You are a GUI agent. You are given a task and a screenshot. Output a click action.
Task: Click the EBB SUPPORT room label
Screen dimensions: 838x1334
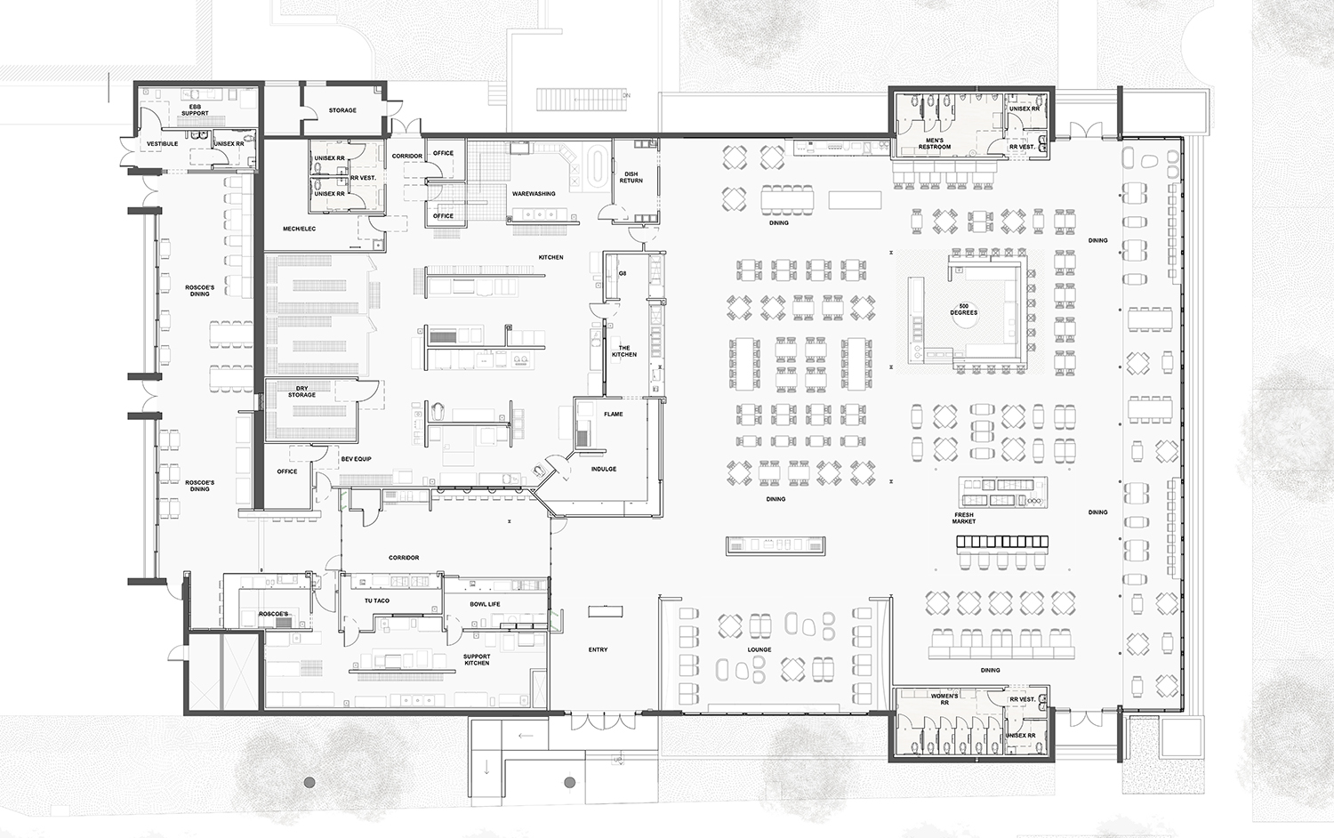tap(195, 110)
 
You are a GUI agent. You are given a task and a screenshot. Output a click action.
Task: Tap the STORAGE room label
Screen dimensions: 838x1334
tap(342, 110)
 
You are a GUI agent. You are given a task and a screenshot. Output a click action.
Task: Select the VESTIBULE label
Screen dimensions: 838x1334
tap(162, 143)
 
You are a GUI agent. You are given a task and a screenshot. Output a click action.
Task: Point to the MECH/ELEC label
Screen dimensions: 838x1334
tap(299, 229)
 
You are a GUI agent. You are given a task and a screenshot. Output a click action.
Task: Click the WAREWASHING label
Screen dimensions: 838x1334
tap(534, 193)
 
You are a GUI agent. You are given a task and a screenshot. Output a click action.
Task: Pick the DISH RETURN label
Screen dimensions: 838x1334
tap(631, 178)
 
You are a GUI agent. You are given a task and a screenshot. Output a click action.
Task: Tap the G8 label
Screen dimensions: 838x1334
tap(623, 273)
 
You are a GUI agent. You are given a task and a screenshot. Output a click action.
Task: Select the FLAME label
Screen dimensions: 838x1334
tap(614, 414)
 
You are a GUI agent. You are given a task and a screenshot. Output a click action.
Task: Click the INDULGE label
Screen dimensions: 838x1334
tap(604, 469)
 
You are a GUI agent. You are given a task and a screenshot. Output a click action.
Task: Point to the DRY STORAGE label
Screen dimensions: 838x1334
tap(301, 391)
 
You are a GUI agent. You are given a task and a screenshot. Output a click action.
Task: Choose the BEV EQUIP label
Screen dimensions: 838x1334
tap(356, 459)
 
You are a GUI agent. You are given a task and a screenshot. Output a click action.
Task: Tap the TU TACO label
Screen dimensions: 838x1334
tap(377, 600)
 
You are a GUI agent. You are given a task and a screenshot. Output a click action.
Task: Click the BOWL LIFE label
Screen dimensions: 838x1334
tap(485, 604)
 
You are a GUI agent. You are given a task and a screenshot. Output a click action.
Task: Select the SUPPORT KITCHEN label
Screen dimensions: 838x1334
tap(477, 660)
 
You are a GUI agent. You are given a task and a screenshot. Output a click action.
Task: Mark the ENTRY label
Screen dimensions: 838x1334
tap(598, 649)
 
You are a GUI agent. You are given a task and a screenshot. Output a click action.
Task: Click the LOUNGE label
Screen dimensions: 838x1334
tap(759, 649)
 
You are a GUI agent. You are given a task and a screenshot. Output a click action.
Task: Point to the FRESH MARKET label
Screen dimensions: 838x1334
tap(964, 518)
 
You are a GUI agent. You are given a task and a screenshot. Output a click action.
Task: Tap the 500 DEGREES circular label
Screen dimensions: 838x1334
tap(963, 310)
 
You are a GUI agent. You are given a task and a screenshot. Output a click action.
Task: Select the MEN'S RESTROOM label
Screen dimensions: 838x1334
tap(935, 143)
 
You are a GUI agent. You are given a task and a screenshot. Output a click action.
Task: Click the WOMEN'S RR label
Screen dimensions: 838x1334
tap(944, 699)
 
